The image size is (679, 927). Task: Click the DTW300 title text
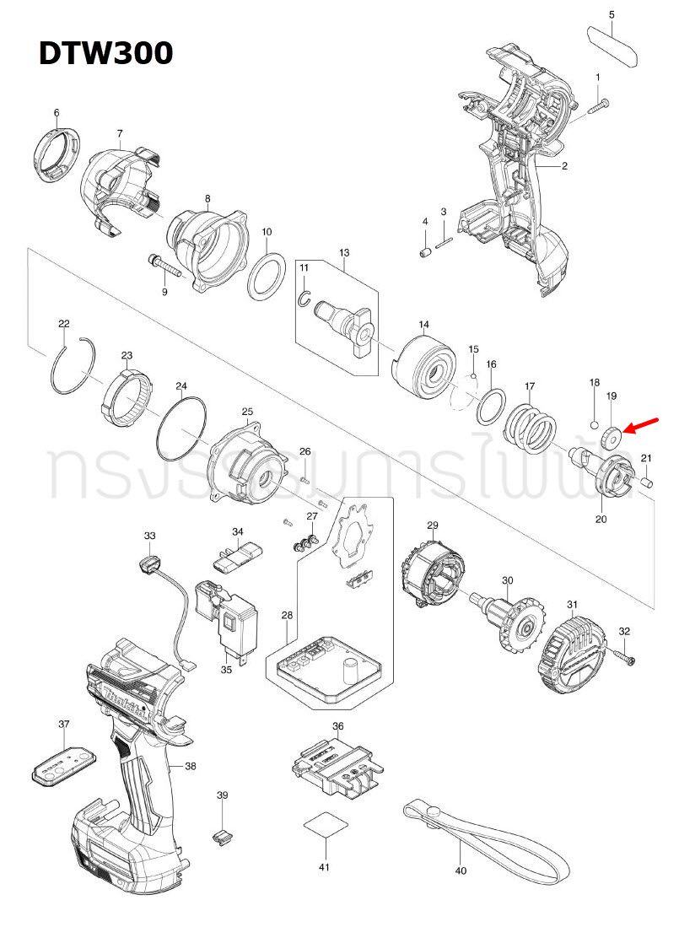click(105, 53)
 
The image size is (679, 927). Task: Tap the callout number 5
click(612, 14)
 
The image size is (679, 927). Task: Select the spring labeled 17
click(530, 424)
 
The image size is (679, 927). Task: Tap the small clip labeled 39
click(222, 835)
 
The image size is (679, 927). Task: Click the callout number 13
click(343, 252)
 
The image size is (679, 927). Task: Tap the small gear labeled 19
click(611, 435)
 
